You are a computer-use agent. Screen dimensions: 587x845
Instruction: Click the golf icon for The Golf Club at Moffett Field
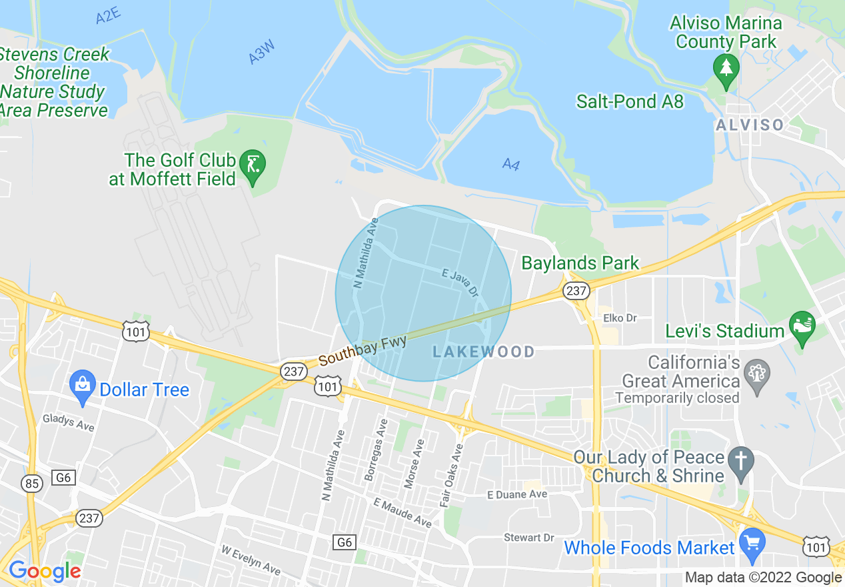click(x=253, y=163)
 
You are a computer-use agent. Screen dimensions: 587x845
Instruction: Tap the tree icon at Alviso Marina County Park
click(x=726, y=67)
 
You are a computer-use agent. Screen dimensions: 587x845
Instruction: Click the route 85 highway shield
click(x=32, y=483)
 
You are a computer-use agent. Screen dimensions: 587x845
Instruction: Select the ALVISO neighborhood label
click(x=750, y=125)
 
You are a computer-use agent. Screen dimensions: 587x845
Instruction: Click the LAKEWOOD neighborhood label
click(x=484, y=352)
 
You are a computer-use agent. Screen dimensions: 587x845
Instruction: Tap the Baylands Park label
click(x=580, y=263)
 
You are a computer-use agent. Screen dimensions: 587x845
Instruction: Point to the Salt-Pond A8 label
click(x=630, y=101)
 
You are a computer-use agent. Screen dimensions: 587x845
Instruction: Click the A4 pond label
click(x=510, y=163)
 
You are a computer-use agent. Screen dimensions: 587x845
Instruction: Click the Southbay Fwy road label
click(x=363, y=350)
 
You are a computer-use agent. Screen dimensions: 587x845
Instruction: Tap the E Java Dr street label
click(x=460, y=282)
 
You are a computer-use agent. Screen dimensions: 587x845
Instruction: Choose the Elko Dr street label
click(x=620, y=318)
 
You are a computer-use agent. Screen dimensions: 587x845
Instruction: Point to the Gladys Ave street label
click(x=68, y=422)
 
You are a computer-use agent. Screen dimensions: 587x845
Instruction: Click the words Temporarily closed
click(x=677, y=398)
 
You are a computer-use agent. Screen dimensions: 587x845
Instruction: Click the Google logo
click(x=45, y=571)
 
